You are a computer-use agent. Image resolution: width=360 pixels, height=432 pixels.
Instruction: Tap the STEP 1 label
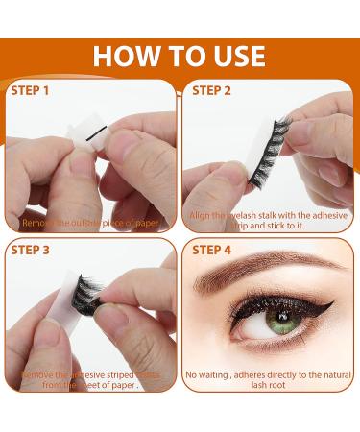(33, 91)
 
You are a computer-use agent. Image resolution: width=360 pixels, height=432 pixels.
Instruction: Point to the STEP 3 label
(33, 251)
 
